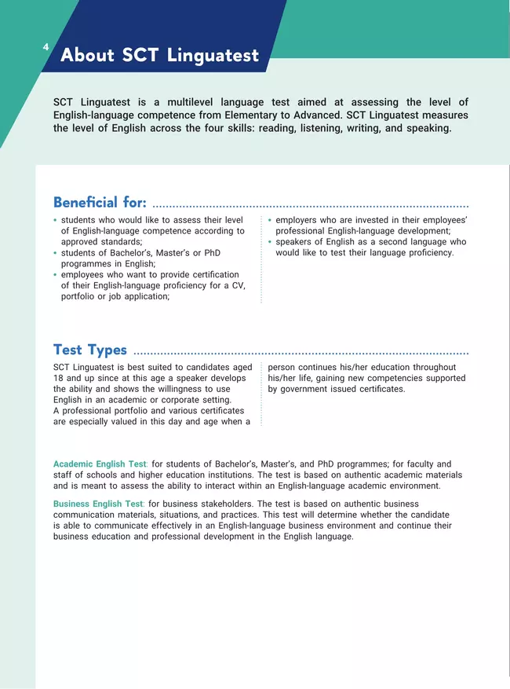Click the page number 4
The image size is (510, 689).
46,48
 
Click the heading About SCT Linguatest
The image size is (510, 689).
159,56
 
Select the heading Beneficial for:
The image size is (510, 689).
100,203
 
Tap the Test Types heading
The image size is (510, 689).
89,350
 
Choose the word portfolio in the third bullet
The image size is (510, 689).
79,296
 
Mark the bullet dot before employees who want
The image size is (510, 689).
55,275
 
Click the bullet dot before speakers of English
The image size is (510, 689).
270,242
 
